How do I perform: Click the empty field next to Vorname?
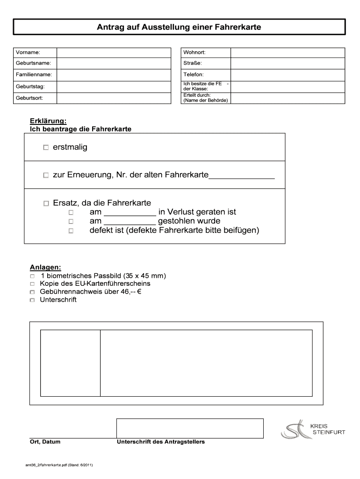(x=114, y=52)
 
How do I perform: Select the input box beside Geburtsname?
(x=114, y=63)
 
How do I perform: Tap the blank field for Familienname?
(x=114, y=74)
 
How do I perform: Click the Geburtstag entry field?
(x=114, y=87)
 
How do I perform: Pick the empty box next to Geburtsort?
(x=114, y=98)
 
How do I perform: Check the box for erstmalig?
(x=46, y=148)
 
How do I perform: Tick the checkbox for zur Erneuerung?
(x=46, y=175)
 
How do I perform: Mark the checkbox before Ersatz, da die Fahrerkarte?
(x=46, y=203)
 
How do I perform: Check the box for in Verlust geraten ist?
(x=71, y=212)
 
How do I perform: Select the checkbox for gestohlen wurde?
(x=71, y=221)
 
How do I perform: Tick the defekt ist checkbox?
(x=71, y=231)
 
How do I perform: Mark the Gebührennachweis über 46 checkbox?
(x=32, y=292)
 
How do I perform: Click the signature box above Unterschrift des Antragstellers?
(x=190, y=428)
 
